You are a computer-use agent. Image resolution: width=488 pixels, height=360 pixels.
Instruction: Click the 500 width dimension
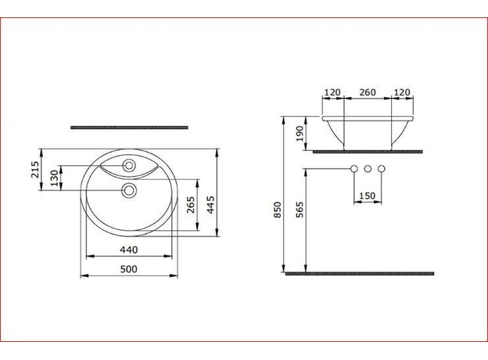tap(130, 269)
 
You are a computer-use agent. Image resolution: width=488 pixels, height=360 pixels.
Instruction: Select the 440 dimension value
tap(130, 250)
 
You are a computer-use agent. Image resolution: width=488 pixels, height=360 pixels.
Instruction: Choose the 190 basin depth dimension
tap(300, 133)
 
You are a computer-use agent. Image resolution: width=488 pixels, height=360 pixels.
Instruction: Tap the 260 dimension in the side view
tap(367, 92)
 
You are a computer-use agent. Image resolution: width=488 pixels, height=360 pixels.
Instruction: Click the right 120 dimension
tap(402, 92)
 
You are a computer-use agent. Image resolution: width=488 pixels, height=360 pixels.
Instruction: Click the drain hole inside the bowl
tap(129, 189)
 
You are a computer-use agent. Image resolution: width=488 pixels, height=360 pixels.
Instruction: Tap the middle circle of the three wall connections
tap(367, 169)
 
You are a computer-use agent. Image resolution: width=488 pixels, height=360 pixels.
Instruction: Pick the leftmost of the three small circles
tap(353, 169)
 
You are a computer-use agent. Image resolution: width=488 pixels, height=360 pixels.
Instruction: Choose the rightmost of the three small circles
tap(381, 169)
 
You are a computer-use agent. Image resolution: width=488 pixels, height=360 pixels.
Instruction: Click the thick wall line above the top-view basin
tap(130, 125)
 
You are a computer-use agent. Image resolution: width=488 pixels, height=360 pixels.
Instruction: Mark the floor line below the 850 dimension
tap(360, 273)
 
